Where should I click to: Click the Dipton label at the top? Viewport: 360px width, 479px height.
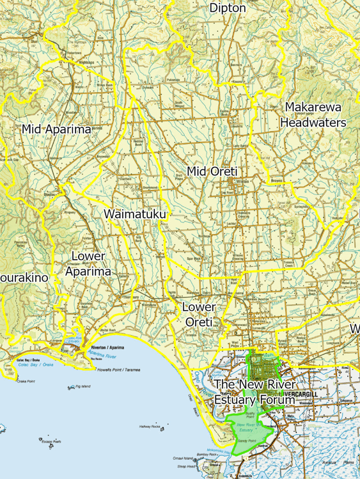(227, 8)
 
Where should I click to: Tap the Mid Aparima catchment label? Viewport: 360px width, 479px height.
(56, 129)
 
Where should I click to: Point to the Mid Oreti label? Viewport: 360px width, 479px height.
(212, 171)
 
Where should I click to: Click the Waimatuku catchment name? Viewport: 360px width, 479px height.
(135, 214)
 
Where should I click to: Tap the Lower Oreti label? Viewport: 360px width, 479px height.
(198, 314)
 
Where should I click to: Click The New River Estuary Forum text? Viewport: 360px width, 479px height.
(254, 392)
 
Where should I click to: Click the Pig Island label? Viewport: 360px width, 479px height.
(82, 386)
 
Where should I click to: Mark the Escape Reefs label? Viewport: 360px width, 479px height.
(51, 441)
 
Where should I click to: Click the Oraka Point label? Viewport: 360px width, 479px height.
(26, 381)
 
